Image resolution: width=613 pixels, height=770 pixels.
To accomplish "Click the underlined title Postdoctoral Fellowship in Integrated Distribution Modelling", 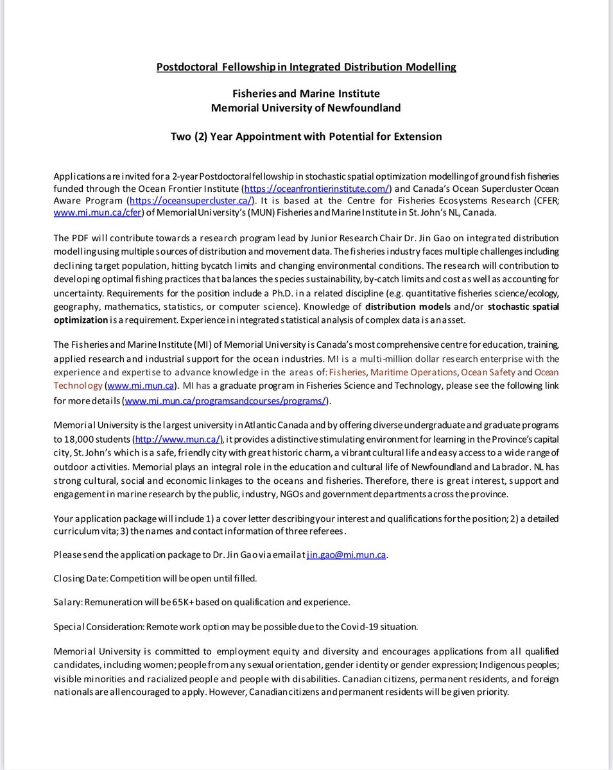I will (306, 67).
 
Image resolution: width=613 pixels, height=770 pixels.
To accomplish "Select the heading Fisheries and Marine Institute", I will (306, 94).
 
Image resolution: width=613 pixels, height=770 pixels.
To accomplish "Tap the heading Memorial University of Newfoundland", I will (306, 108).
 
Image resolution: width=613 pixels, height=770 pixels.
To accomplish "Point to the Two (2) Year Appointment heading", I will (306, 136).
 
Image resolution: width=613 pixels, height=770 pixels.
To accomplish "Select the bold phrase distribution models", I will (407, 307).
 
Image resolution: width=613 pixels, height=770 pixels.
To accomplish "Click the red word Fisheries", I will (348, 372).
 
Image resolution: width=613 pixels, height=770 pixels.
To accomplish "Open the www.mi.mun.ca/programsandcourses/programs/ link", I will (225, 401).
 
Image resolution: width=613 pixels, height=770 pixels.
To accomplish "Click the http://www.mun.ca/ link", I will (178, 439).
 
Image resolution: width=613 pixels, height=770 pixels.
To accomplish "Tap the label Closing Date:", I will (80, 578).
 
